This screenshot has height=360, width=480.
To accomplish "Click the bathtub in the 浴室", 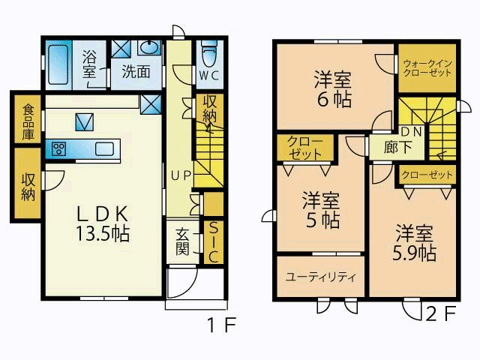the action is (x=58, y=64).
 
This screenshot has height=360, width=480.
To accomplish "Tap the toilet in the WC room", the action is (x=209, y=54).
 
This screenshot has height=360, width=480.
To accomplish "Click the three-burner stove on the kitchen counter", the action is (x=58, y=149).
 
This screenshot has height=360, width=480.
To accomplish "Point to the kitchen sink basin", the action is (x=105, y=149).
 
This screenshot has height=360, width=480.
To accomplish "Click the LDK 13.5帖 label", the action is (x=103, y=223).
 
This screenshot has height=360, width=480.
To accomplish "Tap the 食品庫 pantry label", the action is (x=28, y=121).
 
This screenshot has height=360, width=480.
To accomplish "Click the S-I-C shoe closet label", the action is (x=213, y=242).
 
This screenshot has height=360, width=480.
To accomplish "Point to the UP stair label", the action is (x=181, y=175).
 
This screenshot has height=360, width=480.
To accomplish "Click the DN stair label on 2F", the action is (x=412, y=131).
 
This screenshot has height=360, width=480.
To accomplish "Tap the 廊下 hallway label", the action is (x=397, y=147).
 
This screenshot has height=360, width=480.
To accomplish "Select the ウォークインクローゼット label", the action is (x=427, y=68).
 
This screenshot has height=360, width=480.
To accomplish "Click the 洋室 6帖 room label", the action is (x=332, y=88).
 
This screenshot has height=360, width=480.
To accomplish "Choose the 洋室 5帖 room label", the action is (x=321, y=210).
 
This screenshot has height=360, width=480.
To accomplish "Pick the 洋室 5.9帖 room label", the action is (x=414, y=243).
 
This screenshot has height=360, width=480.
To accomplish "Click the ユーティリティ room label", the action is (x=320, y=277).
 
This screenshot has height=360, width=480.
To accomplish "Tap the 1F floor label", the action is (x=221, y=325).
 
